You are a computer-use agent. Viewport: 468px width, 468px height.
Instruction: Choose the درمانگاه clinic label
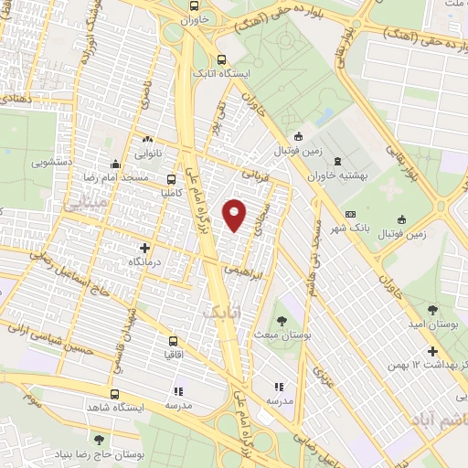pyautogui.click(x=144, y=261)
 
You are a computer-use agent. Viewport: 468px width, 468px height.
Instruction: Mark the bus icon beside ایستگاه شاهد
pyautogui.click(x=114, y=395)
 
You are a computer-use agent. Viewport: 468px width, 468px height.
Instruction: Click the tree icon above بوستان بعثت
pyautogui.click(x=281, y=320)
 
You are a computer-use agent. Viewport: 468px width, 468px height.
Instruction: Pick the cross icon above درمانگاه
pyautogui.click(x=144, y=248)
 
